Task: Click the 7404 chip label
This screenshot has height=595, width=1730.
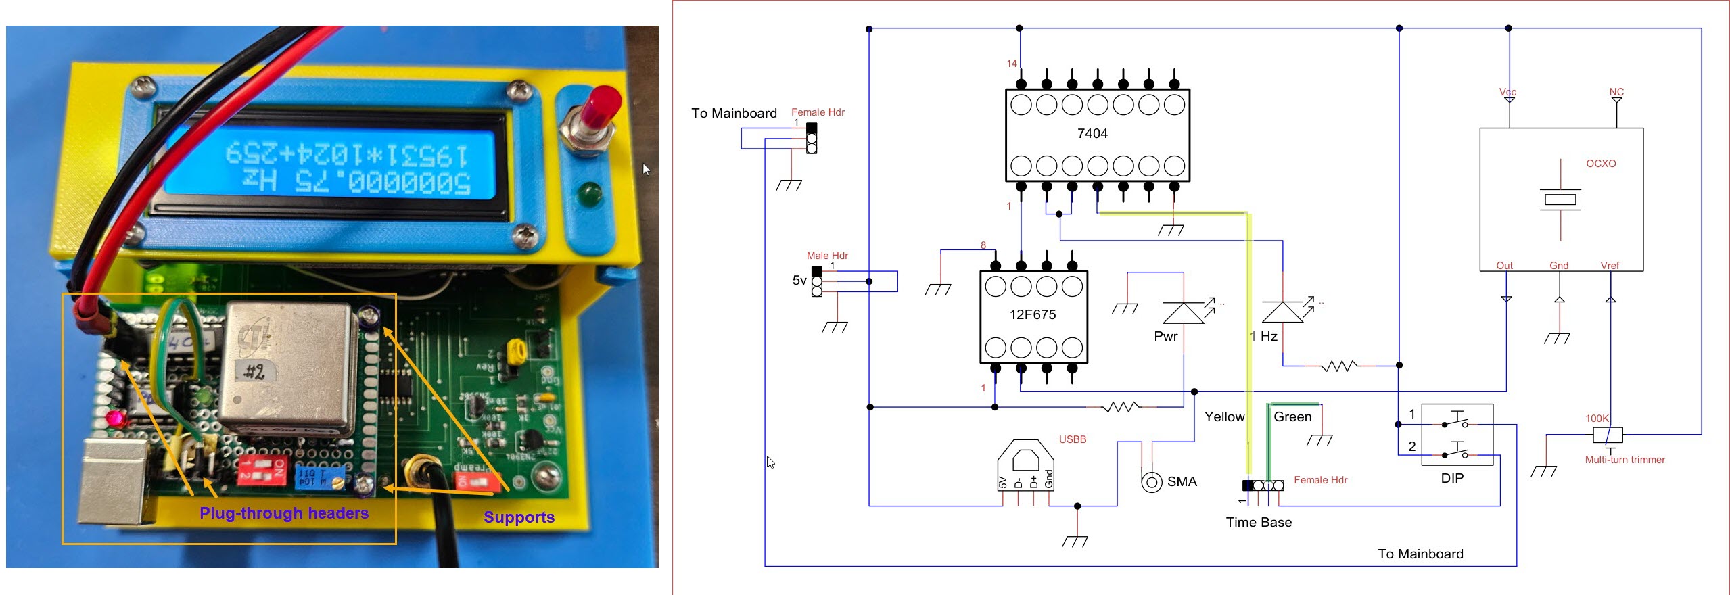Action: (x=1092, y=133)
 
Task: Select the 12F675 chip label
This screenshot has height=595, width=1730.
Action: (x=1032, y=314)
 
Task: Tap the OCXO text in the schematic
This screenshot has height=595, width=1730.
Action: (x=1600, y=164)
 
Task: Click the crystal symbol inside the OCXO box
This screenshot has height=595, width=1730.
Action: (x=1560, y=199)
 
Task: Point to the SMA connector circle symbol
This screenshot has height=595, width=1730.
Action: (x=1151, y=482)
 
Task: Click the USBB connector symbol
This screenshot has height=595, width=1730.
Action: (x=1025, y=465)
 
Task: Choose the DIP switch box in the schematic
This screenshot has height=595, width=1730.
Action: (x=1457, y=435)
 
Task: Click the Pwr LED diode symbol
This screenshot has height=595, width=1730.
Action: (x=1183, y=313)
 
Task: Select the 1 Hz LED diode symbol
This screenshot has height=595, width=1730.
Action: (x=1282, y=312)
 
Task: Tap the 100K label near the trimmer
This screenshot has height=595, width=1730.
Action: (x=1597, y=419)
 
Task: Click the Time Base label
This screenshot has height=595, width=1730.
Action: (x=1259, y=522)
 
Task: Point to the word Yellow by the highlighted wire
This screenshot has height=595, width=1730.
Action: (x=1224, y=417)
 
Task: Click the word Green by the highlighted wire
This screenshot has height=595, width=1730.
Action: (x=1292, y=417)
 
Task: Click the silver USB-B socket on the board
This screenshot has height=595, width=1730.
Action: (x=112, y=481)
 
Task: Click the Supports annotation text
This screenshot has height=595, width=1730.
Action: (x=519, y=517)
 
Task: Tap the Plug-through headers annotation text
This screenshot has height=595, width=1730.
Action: (x=284, y=513)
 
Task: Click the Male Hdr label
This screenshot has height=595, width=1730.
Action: (x=826, y=256)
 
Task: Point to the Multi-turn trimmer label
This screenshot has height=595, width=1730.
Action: (x=1624, y=460)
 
